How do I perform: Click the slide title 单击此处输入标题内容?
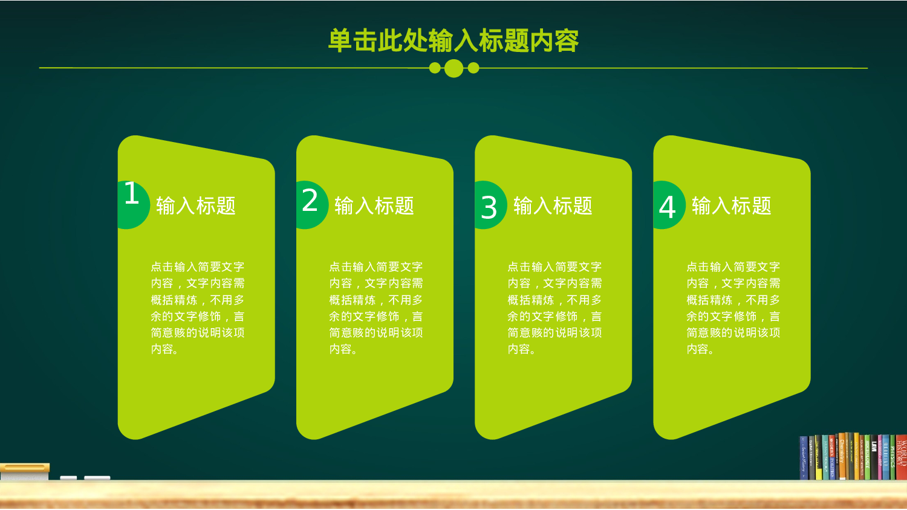tap(453, 41)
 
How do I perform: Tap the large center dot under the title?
tap(453, 68)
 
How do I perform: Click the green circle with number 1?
tap(132, 205)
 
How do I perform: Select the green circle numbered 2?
tap(310, 205)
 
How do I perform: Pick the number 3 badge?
tap(489, 205)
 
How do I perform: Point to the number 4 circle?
tap(668, 205)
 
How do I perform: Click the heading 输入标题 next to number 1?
tap(196, 206)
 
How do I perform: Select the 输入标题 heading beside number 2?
tap(374, 206)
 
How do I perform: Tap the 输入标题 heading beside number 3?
tap(553, 206)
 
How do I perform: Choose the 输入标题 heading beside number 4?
tap(732, 206)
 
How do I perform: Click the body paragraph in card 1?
tap(198, 308)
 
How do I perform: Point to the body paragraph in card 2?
tap(376, 308)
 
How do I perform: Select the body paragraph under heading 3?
tap(554, 308)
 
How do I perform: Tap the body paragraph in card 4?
tap(733, 308)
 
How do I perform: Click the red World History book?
tap(902, 457)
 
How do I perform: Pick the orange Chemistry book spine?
tap(842, 457)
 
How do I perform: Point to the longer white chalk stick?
tap(97, 478)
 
